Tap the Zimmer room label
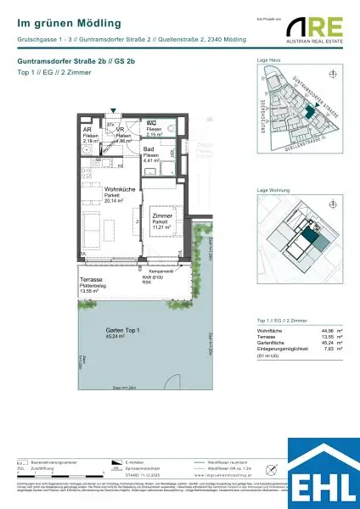(162, 195)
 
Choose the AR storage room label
(87, 130)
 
